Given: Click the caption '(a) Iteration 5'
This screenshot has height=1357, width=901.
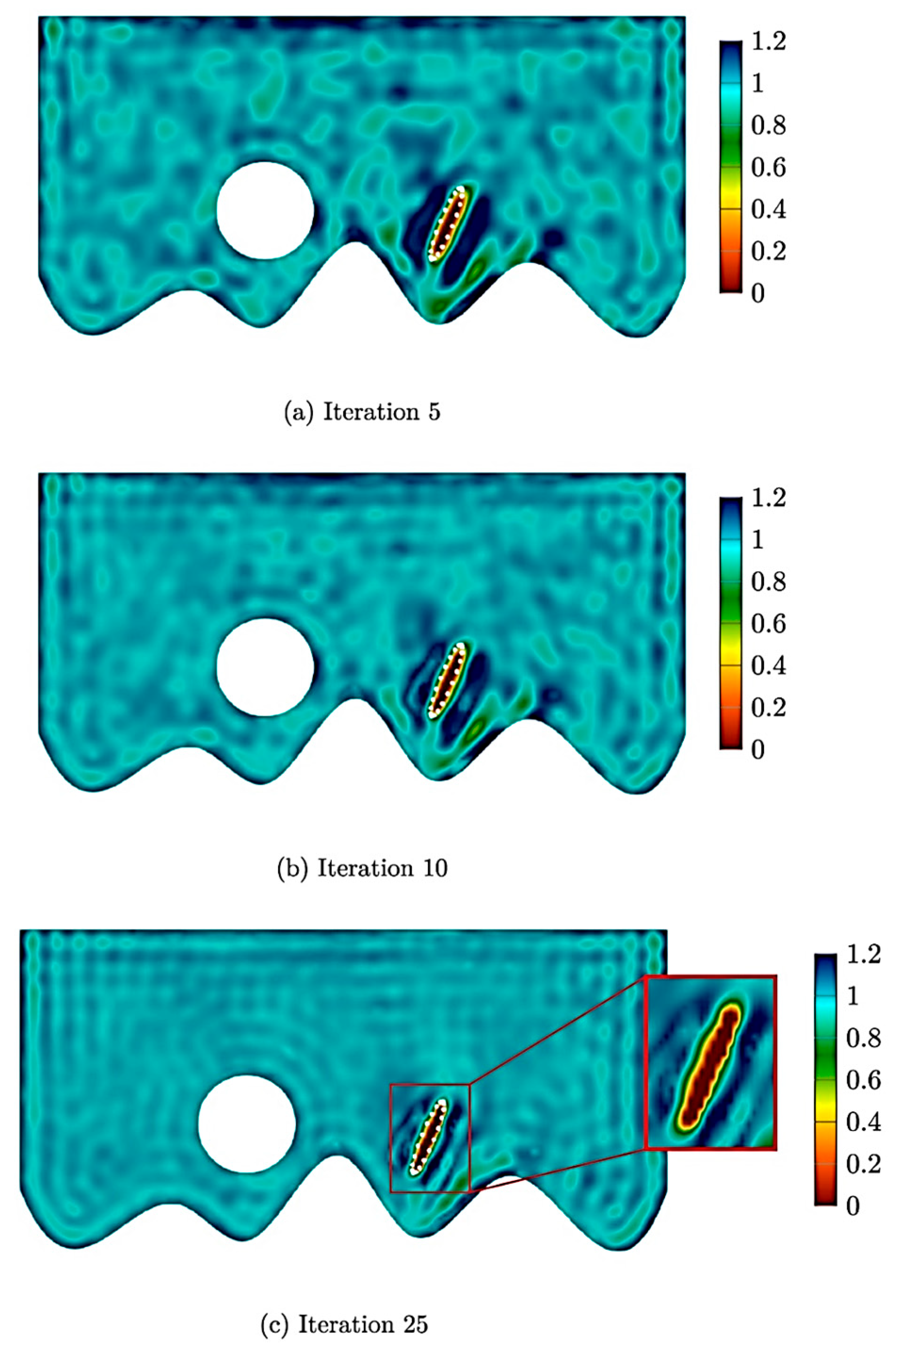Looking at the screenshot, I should point(362,412).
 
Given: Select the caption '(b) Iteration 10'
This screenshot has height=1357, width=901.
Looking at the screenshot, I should point(362,868).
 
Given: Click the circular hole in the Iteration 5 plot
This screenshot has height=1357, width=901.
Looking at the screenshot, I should point(265,210).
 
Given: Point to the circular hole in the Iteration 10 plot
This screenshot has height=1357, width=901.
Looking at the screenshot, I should point(265,667).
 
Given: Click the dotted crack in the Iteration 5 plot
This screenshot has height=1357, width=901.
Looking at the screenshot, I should point(448,224).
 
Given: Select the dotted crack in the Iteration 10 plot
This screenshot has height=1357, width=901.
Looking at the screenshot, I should point(447,681).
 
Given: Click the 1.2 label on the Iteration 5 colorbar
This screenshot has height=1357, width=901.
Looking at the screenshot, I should point(768,42).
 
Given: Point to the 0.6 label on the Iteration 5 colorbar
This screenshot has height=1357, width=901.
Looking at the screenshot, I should point(768,168).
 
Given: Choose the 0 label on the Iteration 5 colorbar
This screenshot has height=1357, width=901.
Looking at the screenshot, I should point(758,294).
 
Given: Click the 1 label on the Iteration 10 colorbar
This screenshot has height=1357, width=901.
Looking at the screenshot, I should point(758,540).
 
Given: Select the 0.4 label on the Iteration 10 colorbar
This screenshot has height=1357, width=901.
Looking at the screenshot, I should point(768,666).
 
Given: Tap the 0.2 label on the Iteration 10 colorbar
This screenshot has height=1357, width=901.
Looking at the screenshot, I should point(768,708).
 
